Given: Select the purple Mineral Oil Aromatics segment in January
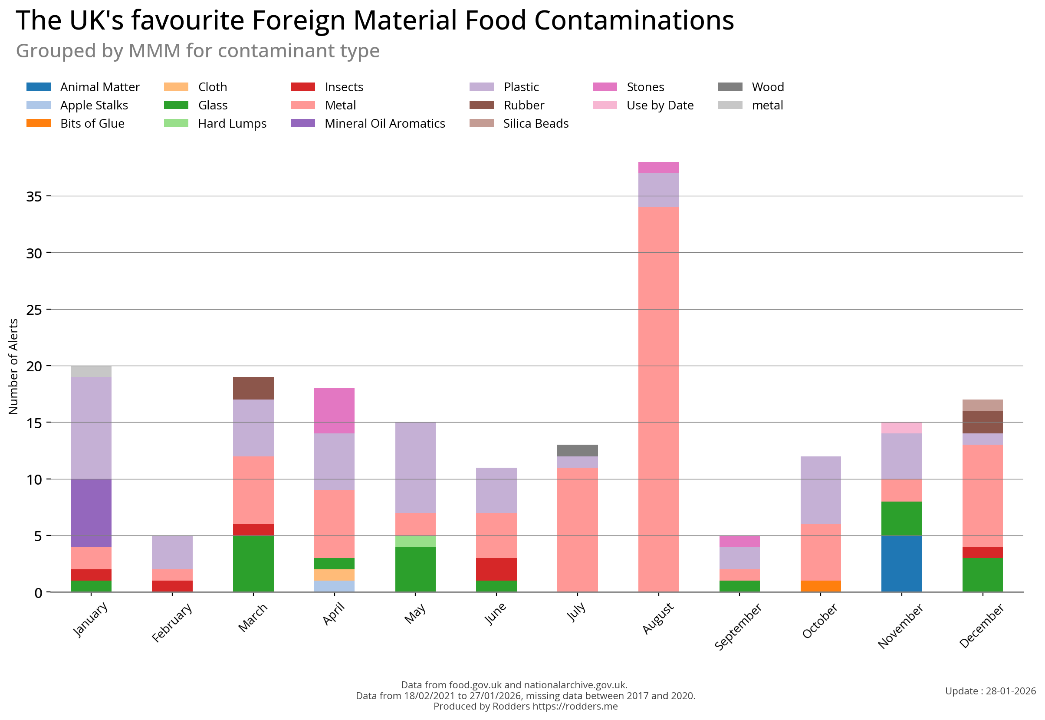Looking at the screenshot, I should [x=91, y=512].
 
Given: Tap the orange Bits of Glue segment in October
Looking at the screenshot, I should [x=820, y=586].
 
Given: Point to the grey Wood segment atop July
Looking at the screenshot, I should [x=577, y=450].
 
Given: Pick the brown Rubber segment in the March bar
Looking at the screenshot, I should [x=253, y=388].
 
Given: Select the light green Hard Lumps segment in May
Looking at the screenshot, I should [x=415, y=541].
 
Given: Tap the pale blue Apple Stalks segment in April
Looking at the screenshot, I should [x=334, y=586].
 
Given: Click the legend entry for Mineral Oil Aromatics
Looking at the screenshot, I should [x=384, y=124].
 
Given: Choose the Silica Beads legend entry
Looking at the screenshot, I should [x=536, y=124].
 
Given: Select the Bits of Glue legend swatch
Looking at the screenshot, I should [x=39, y=124].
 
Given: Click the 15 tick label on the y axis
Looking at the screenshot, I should [x=34, y=423].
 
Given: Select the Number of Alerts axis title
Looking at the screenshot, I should [x=13, y=367].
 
